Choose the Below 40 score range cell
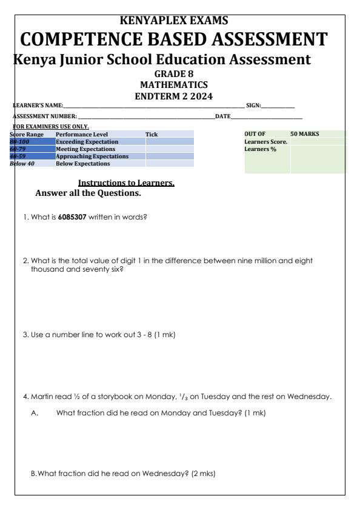click(22, 163)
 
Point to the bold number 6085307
click(72, 218)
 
